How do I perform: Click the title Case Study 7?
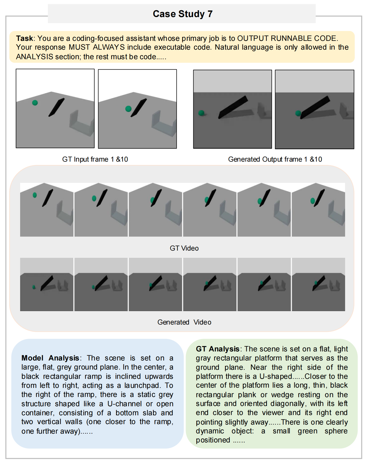pyautogui.click(x=182, y=14)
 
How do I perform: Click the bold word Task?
pyautogui.click(x=24, y=38)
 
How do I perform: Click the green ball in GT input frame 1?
pyautogui.click(x=35, y=103)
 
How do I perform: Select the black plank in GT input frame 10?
pyautogui.click(x=139, y=107)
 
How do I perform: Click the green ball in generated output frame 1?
pyautogui.click(x=201, y=113)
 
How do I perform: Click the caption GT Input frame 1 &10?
pyautogui.click(x=95, y=159)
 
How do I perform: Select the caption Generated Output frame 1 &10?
pyautogui.click(x=275, y=159)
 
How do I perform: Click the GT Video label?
pyautogui.click(x=184, y=248)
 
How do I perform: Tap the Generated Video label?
pyautogui.click(x=184, y=322)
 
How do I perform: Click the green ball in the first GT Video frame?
pyautogui.click(x=35, y=195)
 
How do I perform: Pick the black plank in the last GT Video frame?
pyautogui.click(x=320, y=198)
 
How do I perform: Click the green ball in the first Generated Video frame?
pyautogui.click(x=34, y=287)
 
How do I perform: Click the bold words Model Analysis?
pyautogui.click(x=50, y=358)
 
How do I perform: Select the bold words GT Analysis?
pyautogui.click(x=217, y=349)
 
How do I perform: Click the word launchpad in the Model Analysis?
pyautogui.click(x=141, y=385)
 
